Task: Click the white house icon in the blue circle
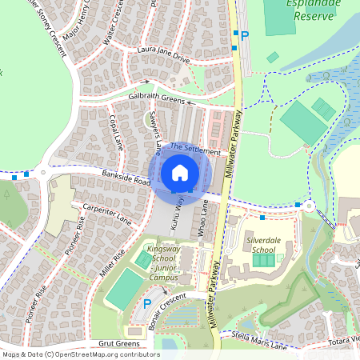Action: click(180, 173)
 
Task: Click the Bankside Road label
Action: click(126, 177)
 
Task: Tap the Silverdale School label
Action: click(263, 244)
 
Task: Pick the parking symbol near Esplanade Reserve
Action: click(245, 35)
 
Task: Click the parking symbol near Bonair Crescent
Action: click(146, 303)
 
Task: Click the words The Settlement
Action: click(194, 150)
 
